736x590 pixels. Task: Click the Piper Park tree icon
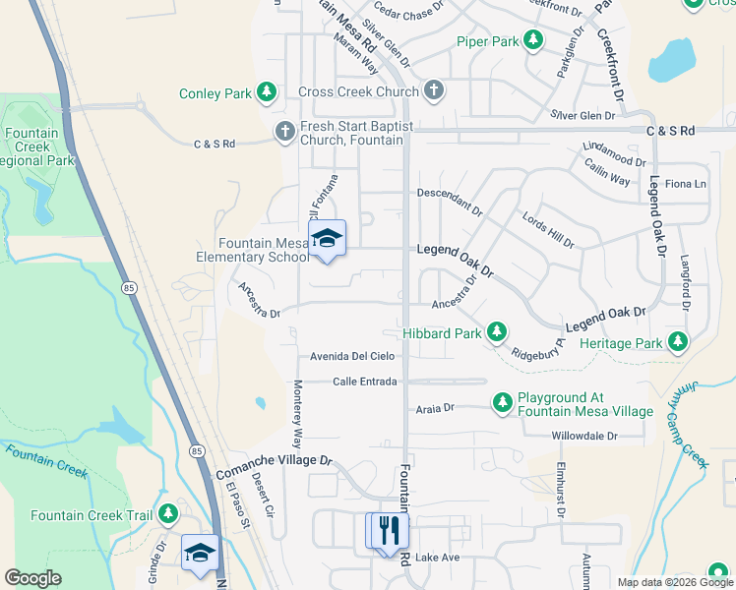click(533, 40)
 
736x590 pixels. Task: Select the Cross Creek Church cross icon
click(434, 91)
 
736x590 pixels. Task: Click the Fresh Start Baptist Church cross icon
click(284, 132)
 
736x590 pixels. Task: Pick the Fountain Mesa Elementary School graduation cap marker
click(328, 239)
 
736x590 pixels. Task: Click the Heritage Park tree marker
click(677, 341)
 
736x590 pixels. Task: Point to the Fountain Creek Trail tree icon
click(168, 514)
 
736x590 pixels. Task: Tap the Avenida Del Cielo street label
click(352, 356)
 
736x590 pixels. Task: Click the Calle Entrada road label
click(364, 382)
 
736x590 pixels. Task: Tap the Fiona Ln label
click(686, 184)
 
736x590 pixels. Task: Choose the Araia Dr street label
click(435, 407)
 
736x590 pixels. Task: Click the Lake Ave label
click(437, 558)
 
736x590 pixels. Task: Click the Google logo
click(33, 577)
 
